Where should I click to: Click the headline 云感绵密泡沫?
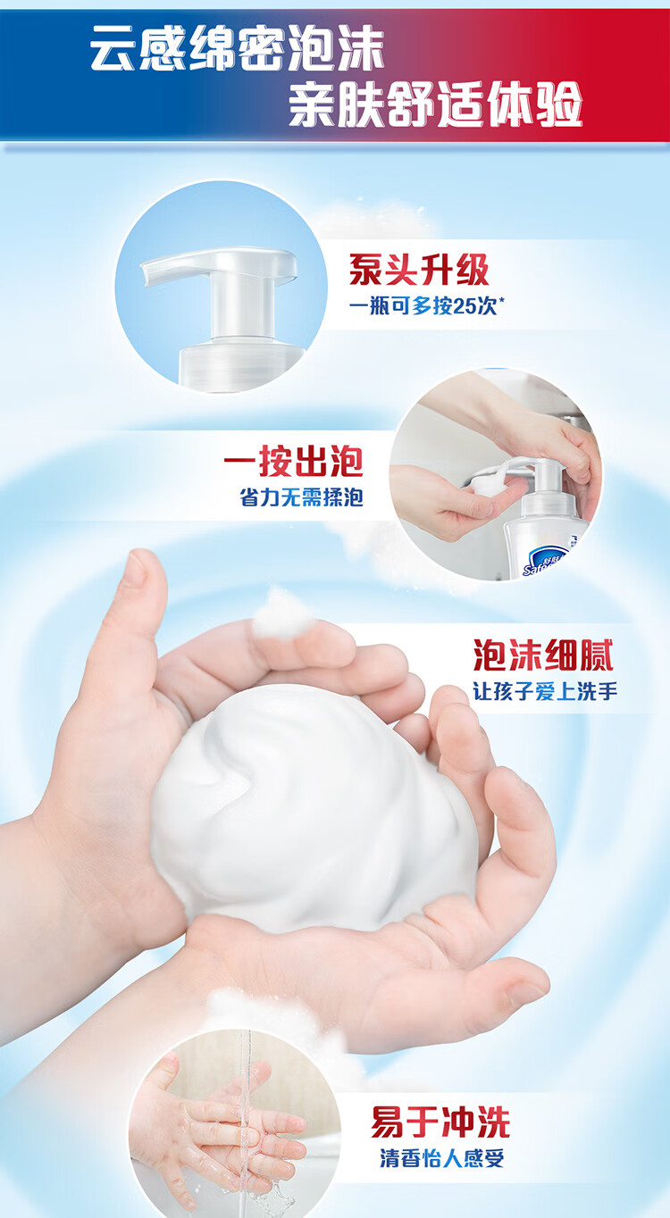238,49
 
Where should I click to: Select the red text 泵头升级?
419,270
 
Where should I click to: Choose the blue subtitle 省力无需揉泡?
301,497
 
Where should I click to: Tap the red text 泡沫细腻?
543,655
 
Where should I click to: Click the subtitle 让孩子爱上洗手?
545,692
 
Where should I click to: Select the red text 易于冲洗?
440,1122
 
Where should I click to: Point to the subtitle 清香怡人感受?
441,1157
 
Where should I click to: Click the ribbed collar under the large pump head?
240,363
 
